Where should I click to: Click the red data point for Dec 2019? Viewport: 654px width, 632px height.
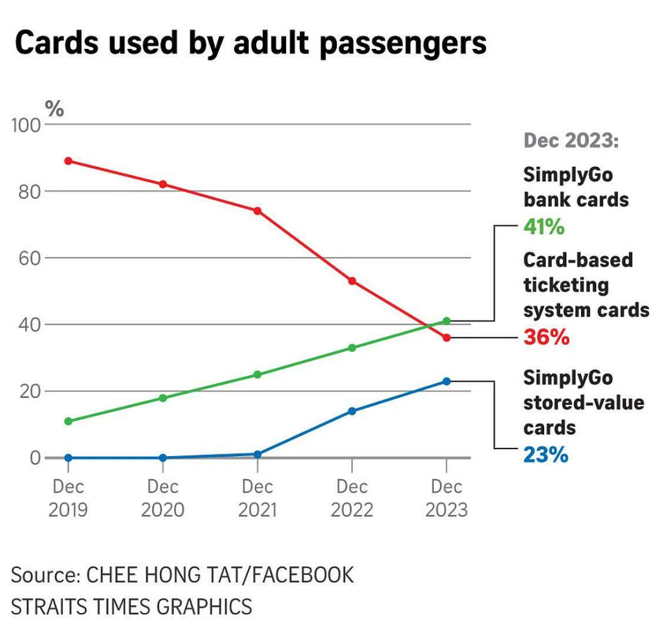[x=68, y=161]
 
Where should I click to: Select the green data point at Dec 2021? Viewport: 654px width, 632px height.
[x=258, y=374]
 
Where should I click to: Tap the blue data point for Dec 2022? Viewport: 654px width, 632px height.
[x=352, y=411]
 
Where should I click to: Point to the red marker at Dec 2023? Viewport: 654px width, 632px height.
[x=447, y=338]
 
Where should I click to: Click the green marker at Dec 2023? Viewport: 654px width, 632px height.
[x=447, y=321]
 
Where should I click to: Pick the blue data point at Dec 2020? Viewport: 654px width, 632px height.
[x=163, y=458]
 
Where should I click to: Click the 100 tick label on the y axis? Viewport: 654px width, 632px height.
[x=26, y=125]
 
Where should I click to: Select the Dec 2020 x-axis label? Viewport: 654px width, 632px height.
[x=163, y=498]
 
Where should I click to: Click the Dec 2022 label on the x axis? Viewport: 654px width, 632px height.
[x=352, y=498]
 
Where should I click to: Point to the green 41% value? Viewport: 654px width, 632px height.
[x=544, y=227]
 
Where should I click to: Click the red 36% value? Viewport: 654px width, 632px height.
[x=546, y=337]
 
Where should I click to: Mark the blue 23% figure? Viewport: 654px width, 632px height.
[x=546, y=455]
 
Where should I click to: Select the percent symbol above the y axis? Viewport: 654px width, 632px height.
[x=54, y=109]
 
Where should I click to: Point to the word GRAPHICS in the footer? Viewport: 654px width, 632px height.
[x=204, y=606]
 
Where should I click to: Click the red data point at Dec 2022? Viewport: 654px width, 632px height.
[x=352, y=280]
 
